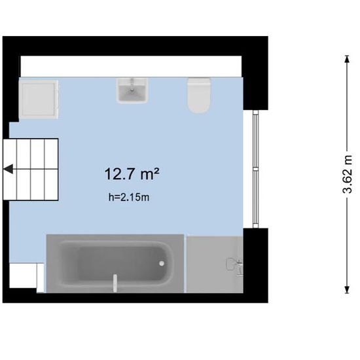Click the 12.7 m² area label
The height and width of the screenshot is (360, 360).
click(132, 174)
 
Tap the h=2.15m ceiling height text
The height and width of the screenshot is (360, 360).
click(129, 197)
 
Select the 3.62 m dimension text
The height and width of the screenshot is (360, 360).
click(347, 174)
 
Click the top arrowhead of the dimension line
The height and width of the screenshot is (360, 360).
click(347, 59)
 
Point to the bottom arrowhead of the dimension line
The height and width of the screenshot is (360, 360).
click(347, 290)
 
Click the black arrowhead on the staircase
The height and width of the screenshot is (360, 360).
click(9, 170)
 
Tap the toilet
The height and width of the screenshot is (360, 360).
click(199, 96)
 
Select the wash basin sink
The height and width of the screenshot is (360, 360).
click(132, 91)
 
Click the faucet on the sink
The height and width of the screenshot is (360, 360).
click(132, 84)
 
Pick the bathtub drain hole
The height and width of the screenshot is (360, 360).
click(162, 264)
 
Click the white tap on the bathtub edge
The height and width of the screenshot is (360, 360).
click(115, 283)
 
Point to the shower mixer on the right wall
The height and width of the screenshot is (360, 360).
click(234, 266)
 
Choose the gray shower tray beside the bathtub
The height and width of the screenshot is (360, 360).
click(215, 264)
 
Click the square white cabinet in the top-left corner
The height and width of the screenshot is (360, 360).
click(39, 99)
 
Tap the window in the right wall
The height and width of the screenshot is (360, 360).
click(255, 169)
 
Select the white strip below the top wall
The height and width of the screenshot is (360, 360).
click(131, 66)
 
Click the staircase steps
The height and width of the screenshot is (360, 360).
click(31, 170)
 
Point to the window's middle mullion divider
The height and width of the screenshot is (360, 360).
click(255, 170)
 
